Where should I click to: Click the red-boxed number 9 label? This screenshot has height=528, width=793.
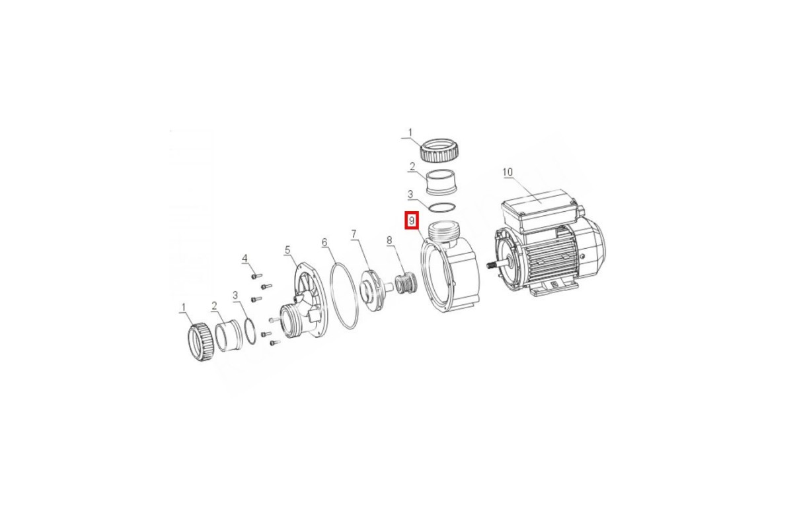(x=412, y=220)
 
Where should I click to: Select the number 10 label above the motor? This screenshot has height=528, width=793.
(x=508, y=172)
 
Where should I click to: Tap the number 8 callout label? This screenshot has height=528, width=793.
(x=389, y=240)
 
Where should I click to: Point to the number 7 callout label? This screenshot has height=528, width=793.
(x=354, y=234)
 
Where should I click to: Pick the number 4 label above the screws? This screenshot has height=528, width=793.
(x=245, y=259)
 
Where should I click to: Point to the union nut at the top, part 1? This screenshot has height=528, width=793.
(x=438, y=150)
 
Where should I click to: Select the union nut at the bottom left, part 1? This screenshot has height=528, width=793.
(x=202, y=343)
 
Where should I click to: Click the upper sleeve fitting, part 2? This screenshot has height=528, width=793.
(x=440, y=181)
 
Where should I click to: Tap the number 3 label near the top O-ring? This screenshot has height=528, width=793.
(x=410, y=194)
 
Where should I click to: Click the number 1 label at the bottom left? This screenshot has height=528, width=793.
(x=184, y=308)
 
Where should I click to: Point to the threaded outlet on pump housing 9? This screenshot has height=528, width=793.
(x=443, y=232)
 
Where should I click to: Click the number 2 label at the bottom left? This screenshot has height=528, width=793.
(x=214, y=306)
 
